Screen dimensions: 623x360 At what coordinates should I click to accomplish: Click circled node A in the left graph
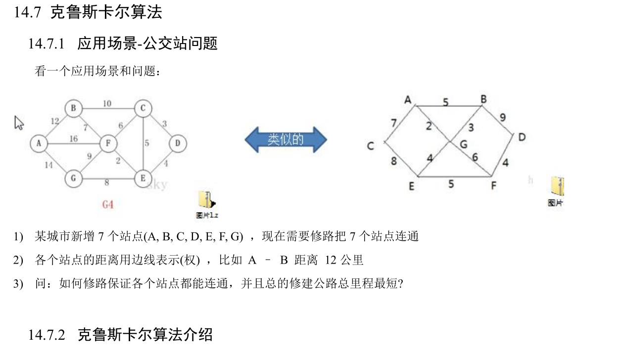click(39, 143)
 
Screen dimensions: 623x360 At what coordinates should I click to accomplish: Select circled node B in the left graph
click(73, 108)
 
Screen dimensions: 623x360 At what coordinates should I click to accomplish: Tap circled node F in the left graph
click(107, 143)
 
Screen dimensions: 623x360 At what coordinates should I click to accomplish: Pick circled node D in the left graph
click(178, 144)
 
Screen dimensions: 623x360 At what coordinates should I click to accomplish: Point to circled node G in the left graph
click(73, 179)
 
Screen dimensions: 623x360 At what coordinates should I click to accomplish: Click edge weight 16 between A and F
click(73, 139)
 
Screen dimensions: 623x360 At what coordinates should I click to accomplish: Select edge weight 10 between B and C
click(107, 103)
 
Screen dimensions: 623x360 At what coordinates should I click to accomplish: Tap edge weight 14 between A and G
click(48, 165)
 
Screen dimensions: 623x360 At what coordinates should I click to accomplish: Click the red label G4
click(108, 204)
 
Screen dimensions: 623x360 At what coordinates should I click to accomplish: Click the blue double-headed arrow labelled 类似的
click(286, 139)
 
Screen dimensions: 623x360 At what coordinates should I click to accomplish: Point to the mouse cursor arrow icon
click(19, 123)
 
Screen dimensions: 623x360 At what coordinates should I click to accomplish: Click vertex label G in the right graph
click(463, 144)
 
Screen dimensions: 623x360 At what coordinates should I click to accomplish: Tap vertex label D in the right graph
click(522, 137)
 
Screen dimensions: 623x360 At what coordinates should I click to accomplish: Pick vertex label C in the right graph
click(370, 146)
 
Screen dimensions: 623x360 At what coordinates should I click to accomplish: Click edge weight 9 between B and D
click(502, 118)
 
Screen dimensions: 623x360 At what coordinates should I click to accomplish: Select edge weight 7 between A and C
click(394, 123)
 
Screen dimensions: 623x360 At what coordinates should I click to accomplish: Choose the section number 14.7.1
click(47, 44)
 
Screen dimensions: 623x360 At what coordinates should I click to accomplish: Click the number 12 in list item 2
click(334, 260)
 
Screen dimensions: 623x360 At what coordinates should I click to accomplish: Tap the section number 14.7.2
click(47, 335)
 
